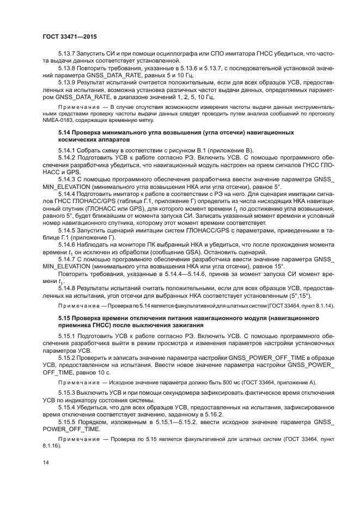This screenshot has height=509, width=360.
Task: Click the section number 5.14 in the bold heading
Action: coord(65,132)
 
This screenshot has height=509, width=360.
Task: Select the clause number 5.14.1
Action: coord(68,149)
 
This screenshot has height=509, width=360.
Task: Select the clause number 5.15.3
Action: coord(68,392)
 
